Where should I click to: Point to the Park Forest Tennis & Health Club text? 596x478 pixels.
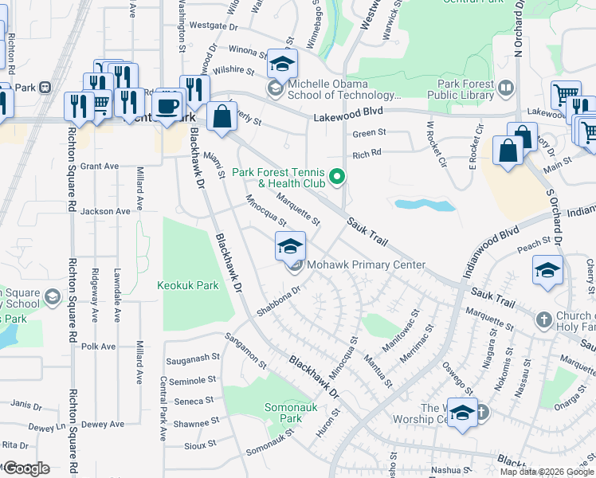(278, 178)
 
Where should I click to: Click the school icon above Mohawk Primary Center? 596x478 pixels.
(291, 245)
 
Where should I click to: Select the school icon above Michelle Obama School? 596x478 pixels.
(282, 64)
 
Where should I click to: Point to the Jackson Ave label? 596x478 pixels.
(104, 211)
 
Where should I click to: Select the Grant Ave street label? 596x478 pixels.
(99, 167)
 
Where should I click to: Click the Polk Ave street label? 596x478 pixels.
(98, 347)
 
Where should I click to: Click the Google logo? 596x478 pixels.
(25, 468)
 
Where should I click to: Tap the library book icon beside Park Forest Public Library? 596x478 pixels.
(505, 86)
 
